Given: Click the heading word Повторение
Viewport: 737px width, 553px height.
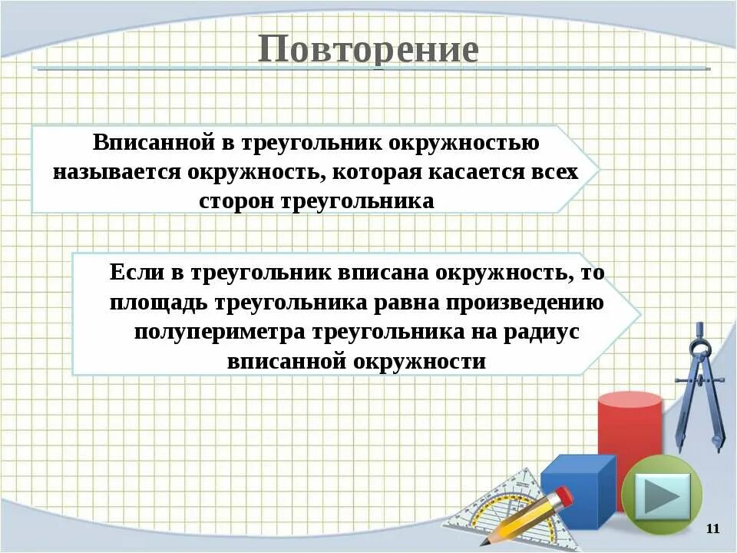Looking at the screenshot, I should pyautogui.click(x=368, y=49).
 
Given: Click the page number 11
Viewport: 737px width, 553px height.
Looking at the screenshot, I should pyautogui.click(x=712, y=528).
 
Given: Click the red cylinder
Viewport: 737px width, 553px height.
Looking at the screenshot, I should pyautogui.click(x=630, y=430).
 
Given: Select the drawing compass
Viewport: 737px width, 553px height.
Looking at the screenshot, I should pyautogui.click(x=699, y=384).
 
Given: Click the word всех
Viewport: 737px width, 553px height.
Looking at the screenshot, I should pyautogui.click(x=554, y=172).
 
